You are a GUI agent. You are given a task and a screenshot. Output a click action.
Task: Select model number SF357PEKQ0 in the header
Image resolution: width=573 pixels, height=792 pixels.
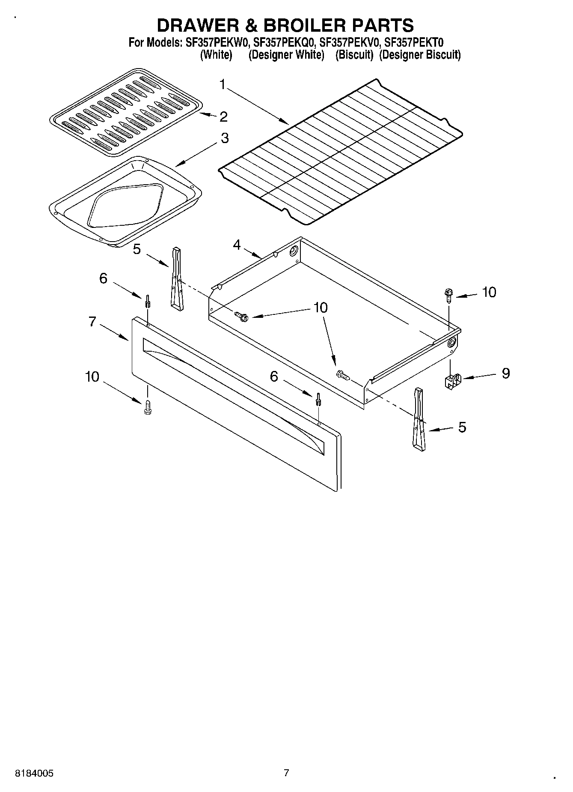(x=284, y=42)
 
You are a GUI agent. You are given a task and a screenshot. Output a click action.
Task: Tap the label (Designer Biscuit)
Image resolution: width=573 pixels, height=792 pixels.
(x=420, y=55)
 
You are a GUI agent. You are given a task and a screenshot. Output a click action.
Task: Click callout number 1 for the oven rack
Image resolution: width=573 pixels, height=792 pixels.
(x=222, y=84)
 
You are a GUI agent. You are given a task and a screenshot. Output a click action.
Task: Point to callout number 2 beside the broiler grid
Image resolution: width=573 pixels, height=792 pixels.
(x=223, y=117)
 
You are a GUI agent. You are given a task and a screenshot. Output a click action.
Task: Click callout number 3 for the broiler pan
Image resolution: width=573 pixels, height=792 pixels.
(x=224, y=138)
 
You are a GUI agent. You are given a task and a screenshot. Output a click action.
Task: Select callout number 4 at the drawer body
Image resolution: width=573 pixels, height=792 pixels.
(x=237, y=245)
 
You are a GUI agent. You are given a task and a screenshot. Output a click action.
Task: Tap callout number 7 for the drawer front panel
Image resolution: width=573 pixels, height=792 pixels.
(x=92, y=321)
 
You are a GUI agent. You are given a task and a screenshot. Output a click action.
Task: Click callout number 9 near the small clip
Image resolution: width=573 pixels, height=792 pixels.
(x=505, y=373)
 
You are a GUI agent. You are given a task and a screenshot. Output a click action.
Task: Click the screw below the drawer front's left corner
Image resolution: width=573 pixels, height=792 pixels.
(x=148, y=407)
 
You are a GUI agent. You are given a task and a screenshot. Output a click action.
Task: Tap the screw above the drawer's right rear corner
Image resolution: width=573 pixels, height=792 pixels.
(x=447, y=295)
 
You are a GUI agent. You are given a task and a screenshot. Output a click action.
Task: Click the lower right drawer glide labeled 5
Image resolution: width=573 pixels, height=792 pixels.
(x=419, y=420)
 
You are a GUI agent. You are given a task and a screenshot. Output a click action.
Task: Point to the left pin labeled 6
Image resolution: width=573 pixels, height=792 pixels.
(x=148, y=301)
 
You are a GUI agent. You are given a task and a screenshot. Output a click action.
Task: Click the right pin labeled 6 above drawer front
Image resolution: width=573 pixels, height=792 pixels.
(x=319, y=399)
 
